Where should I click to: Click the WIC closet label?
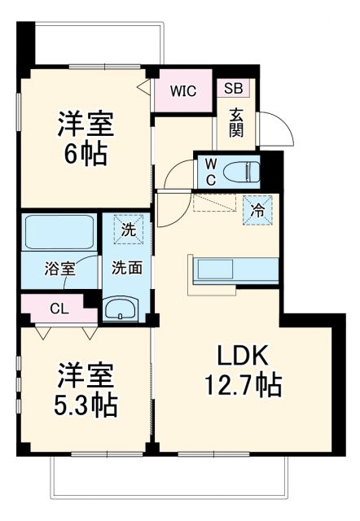(x=183, y=91)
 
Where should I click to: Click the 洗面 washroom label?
(x=126, y=265)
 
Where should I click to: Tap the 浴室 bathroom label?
(x=59, y=269)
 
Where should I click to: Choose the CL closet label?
(x=59, y=308)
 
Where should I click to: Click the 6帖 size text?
(x=84, y=155)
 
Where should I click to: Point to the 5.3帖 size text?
(x=86, y=403)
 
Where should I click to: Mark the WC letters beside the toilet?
(x=209, y=171)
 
